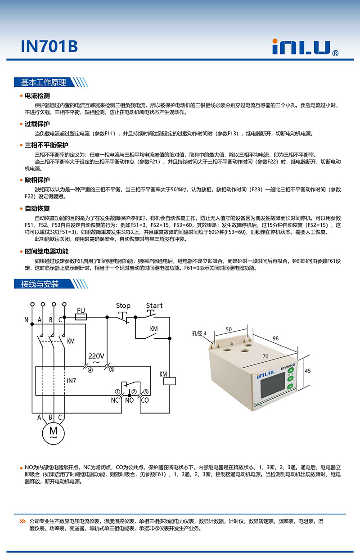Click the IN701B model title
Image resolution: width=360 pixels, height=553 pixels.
pyautogui.click(x=49, y=46)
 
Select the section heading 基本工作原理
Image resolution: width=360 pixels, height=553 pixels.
pyautogui.click(x=44, y=82)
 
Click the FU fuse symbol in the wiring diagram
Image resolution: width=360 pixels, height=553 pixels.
pyautogui.click(x=81, y=317)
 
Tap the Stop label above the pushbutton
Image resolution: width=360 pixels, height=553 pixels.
pyautogui.click(x=123, y=306)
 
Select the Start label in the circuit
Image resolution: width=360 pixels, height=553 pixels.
pyautogui.click(x=154, y=306)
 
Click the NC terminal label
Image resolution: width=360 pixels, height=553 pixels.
pyautogui.click(x=115, y=399)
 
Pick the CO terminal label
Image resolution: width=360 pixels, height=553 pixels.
pyautogui.click(x=145, y=399)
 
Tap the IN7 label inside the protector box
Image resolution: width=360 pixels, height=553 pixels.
pyautogui.click(x=72, y=381)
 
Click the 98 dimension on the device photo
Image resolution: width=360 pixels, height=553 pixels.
pyautogui.click(x=276, y=338)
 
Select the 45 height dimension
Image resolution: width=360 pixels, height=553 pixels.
pyautogui.click(x=308, y=371)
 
